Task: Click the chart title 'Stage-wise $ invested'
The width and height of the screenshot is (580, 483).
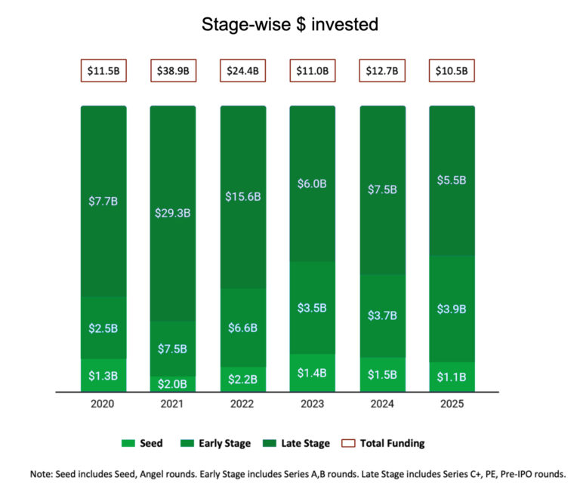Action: point(289,24)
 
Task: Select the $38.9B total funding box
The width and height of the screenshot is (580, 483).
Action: point(173,71)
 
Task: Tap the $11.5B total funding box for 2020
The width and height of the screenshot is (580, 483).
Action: point(103,71)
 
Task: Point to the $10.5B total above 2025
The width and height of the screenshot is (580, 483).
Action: point(452,71)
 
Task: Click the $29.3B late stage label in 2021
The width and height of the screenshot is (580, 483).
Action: point(173,213)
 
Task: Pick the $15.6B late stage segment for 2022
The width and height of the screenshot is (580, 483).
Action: point(242,196)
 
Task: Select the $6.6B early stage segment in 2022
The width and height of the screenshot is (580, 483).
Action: point(242,328)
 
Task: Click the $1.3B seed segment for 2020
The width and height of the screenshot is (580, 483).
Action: point(103,376)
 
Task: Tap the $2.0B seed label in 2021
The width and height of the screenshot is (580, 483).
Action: point(173,383)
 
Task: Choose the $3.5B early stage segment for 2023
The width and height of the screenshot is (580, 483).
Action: point(312,307)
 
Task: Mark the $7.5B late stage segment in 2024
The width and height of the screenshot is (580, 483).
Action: point(382,189)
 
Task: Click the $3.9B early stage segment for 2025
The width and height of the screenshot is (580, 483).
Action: point(452,309)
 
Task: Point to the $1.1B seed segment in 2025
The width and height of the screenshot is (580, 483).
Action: point(452,377)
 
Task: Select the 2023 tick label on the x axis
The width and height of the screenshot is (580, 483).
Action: point(312,405)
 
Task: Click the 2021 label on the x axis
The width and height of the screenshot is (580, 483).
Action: point(173,405)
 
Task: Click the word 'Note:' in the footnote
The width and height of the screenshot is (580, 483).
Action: point(45,473)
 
